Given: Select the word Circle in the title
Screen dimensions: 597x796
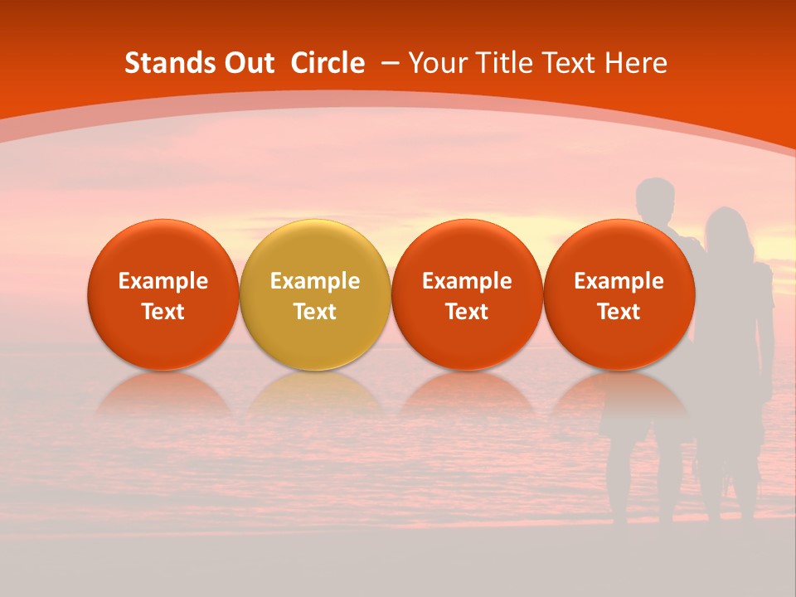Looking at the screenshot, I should (328, 63).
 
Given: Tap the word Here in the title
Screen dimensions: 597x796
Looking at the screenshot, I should (636, 63).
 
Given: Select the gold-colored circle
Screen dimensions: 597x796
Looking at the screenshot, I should (315, 294).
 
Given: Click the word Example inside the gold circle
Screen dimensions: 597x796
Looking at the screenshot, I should (315, 281).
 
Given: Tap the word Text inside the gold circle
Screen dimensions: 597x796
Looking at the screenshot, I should (315, 312).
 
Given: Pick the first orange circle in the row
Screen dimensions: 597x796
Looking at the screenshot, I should (163, 294).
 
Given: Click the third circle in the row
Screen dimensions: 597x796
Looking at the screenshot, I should (467, 294).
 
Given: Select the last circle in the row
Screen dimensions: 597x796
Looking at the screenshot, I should (619, 294).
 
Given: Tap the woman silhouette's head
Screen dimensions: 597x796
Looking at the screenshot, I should (726, 228).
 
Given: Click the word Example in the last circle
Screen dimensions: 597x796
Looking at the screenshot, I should (619, 281).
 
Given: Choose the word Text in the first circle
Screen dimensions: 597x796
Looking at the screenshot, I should (163, 312).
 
